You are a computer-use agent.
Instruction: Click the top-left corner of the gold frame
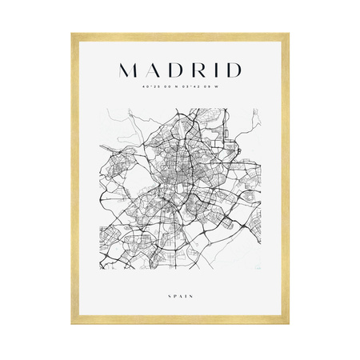[73, 34]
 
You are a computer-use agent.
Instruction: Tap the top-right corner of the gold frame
[287, 34]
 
